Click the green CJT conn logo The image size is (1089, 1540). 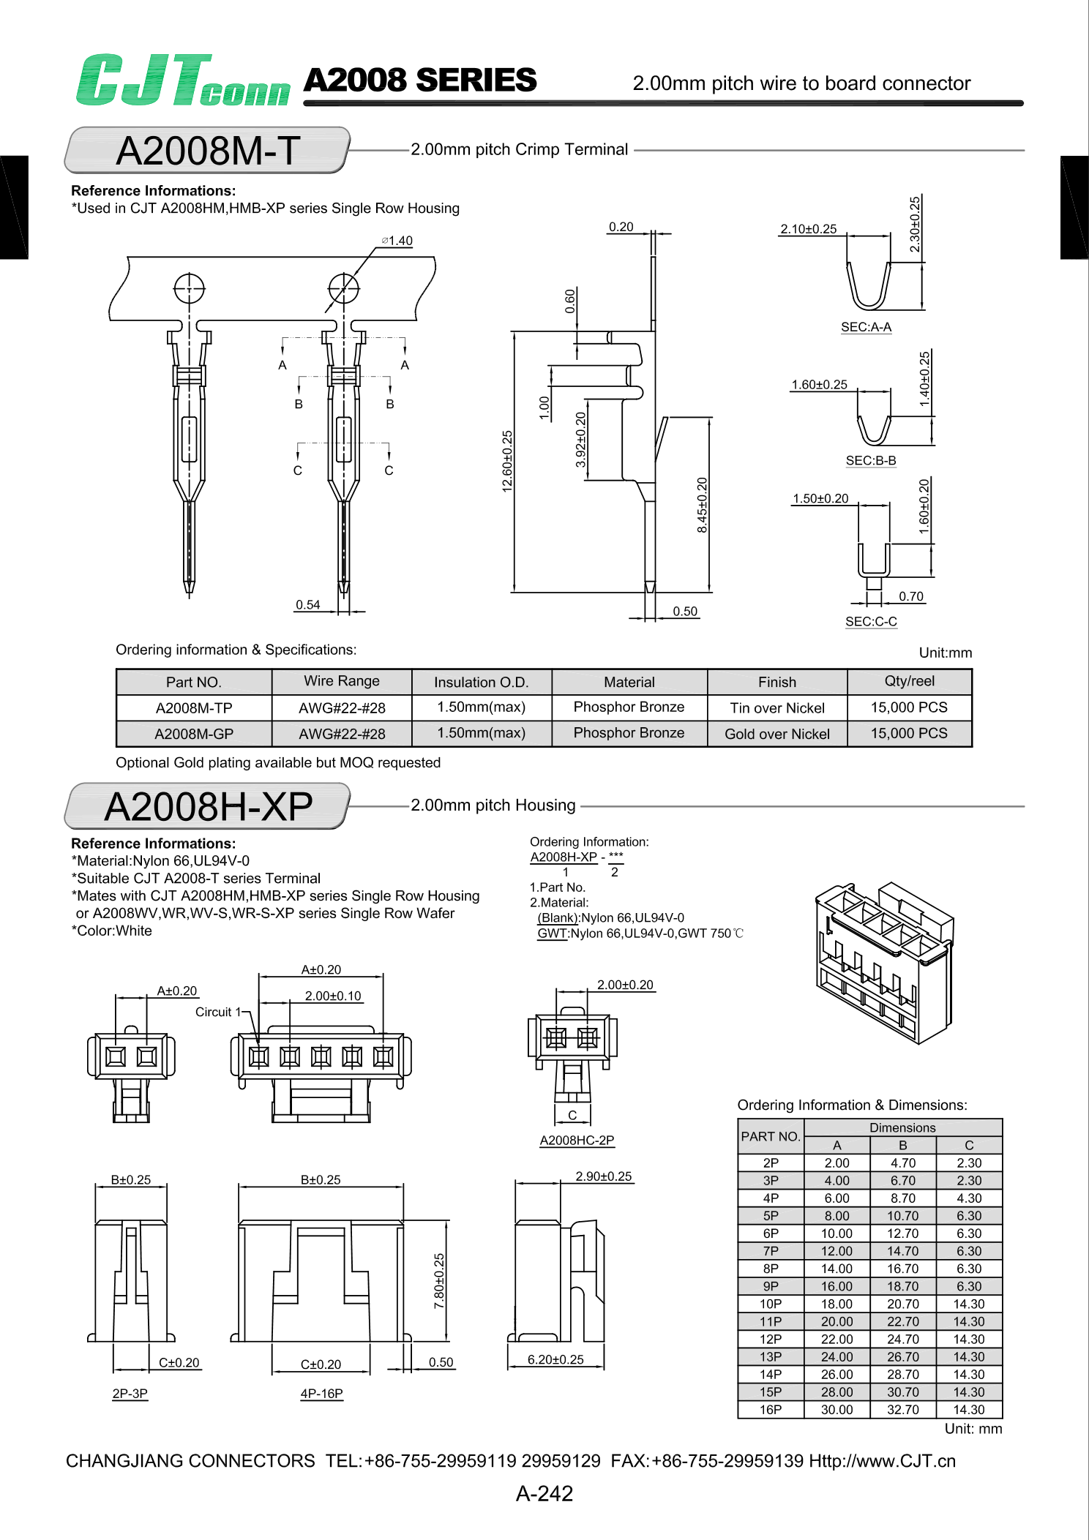[183, 80]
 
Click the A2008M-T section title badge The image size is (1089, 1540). [208, 151]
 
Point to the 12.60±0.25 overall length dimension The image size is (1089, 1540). [507, 461]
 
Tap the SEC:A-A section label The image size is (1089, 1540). [866, 327]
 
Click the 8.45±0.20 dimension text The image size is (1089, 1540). [702, 505]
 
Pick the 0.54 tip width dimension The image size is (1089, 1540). [308, 604]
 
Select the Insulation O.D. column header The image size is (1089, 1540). [481, 682]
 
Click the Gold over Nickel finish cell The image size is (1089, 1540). [776, 734]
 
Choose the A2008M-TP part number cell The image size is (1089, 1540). [194, 707]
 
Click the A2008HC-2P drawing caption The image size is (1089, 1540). [577, 1140]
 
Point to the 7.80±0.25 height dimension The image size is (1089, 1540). [439, 1281]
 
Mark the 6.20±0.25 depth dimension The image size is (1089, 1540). [555, 1359]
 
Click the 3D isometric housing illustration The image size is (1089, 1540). [883, 961]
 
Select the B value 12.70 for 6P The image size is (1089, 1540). [902, 1233]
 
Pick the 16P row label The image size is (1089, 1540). [770, 1409]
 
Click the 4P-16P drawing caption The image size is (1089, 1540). [321, 1393]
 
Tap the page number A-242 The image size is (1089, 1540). [544, 1493]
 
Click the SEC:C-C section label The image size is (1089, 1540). [871, 621]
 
